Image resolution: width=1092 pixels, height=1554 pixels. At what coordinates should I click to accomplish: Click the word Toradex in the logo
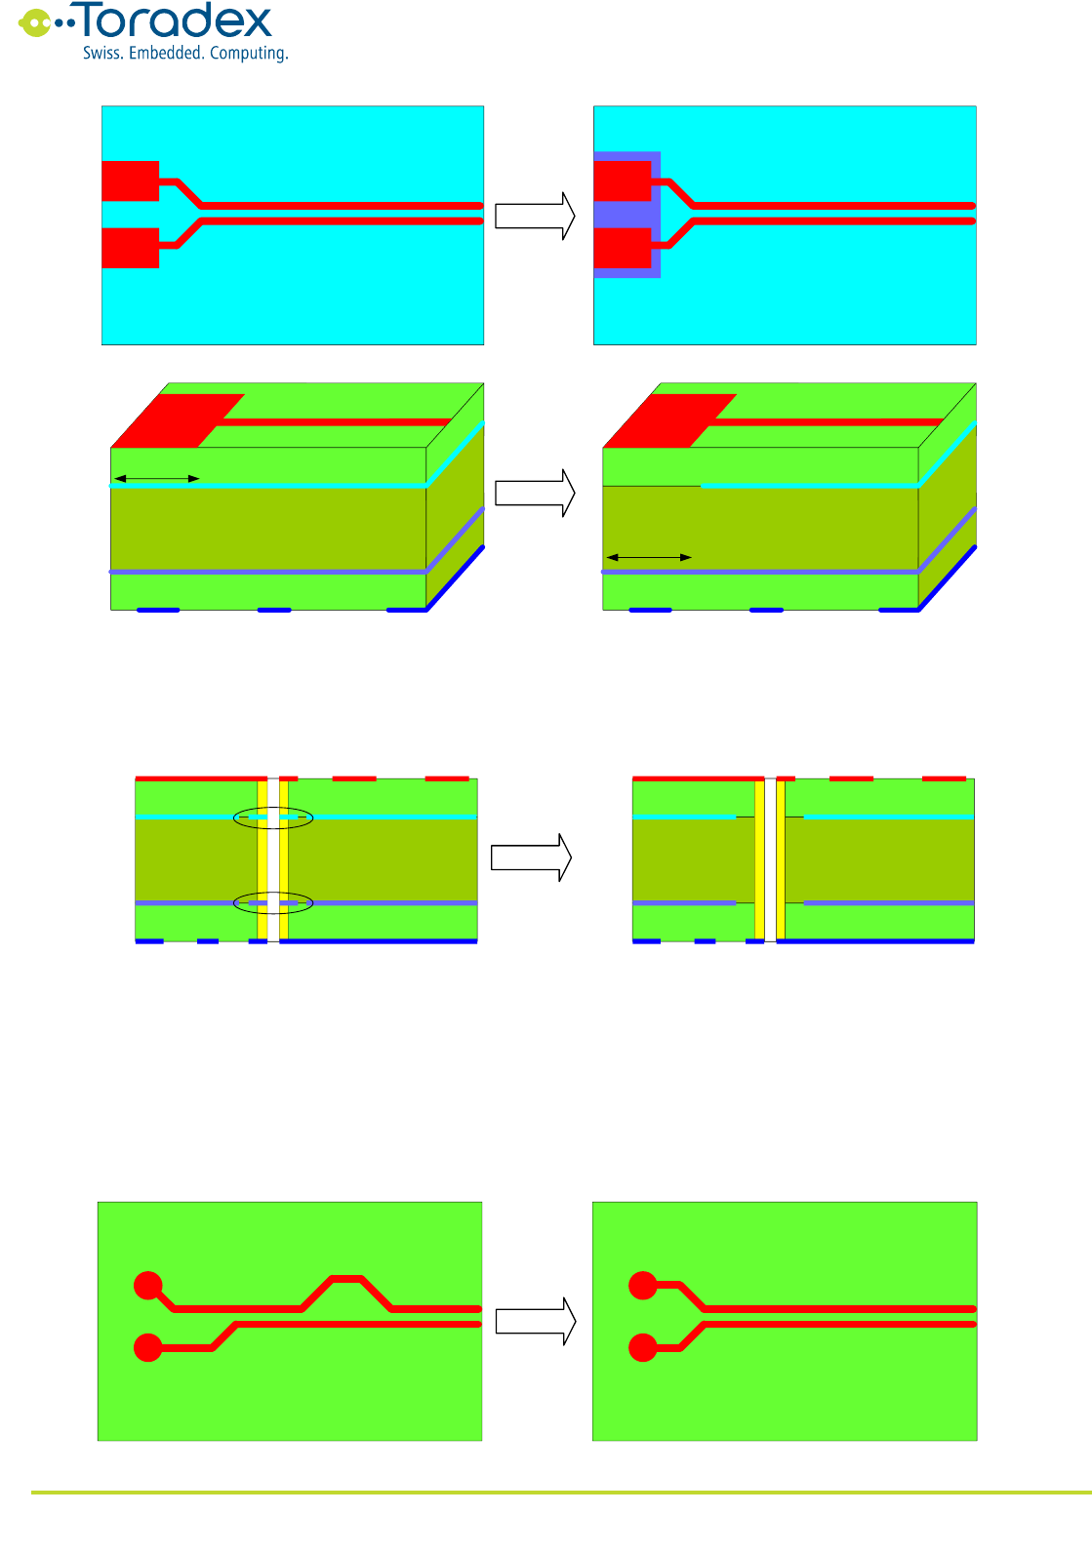(176, 21)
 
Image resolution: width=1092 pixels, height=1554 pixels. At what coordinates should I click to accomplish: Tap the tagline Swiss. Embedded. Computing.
(185, 53)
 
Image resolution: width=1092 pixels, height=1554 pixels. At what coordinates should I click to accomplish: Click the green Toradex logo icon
(36, 22)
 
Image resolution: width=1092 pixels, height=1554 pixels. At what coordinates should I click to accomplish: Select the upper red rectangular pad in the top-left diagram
(130, 180)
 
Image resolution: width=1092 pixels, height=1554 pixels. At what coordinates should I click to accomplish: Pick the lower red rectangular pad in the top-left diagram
(130, 248)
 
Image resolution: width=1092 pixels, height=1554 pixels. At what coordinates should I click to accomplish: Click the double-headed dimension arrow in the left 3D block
(157, 478)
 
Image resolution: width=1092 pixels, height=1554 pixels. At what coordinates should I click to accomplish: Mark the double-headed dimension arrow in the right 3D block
(649, 557)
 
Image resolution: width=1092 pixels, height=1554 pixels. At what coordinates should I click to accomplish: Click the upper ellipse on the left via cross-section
(273, 817)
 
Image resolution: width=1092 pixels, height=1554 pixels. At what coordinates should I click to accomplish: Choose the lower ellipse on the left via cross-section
(273, 903)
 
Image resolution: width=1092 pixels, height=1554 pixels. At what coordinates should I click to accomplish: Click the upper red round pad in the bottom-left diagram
(147, 1286)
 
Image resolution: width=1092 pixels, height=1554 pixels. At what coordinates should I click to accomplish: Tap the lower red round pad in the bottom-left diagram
(147, 1348)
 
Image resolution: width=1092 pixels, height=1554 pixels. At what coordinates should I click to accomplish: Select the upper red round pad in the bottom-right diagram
(642, 1286)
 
